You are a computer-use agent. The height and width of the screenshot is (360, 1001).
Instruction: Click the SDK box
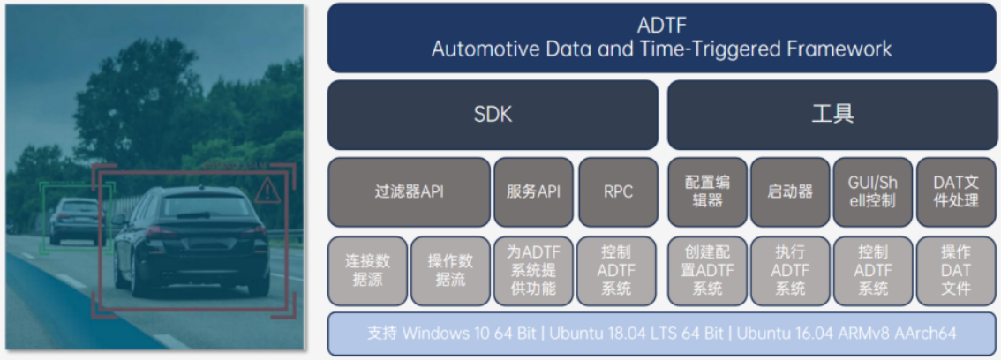(x=493, y=115)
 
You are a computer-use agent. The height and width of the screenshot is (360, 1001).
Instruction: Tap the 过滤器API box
(x=410, y=192)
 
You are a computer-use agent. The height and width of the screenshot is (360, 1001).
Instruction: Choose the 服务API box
(x=534, y=192)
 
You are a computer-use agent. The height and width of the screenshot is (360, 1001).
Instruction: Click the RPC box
(x=618, y=192)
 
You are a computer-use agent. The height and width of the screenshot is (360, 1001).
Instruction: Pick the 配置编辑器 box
(x=707, y=192)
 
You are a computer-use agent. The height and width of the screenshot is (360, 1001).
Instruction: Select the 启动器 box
(x=790, y=192)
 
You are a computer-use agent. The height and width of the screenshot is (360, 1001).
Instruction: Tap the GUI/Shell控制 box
(x=873, y=192)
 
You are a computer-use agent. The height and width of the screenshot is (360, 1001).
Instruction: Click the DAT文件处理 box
(x=956, y=192)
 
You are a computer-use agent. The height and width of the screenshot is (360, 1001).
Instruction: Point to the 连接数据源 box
(x=368, y=271)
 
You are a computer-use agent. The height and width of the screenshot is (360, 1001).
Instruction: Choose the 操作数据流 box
(x=451, y=271)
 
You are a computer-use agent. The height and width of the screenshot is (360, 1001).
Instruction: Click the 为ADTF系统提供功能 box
(x=534, y=271)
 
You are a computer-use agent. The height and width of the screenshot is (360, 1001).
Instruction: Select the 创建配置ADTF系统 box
(x=707, y=271)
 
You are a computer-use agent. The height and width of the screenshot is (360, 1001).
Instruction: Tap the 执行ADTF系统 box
(x=790, y=271)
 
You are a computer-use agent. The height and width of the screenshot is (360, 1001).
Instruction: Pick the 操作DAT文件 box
(x=956, y=271)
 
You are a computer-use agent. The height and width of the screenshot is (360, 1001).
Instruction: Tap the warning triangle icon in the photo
(x=267, y=191)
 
